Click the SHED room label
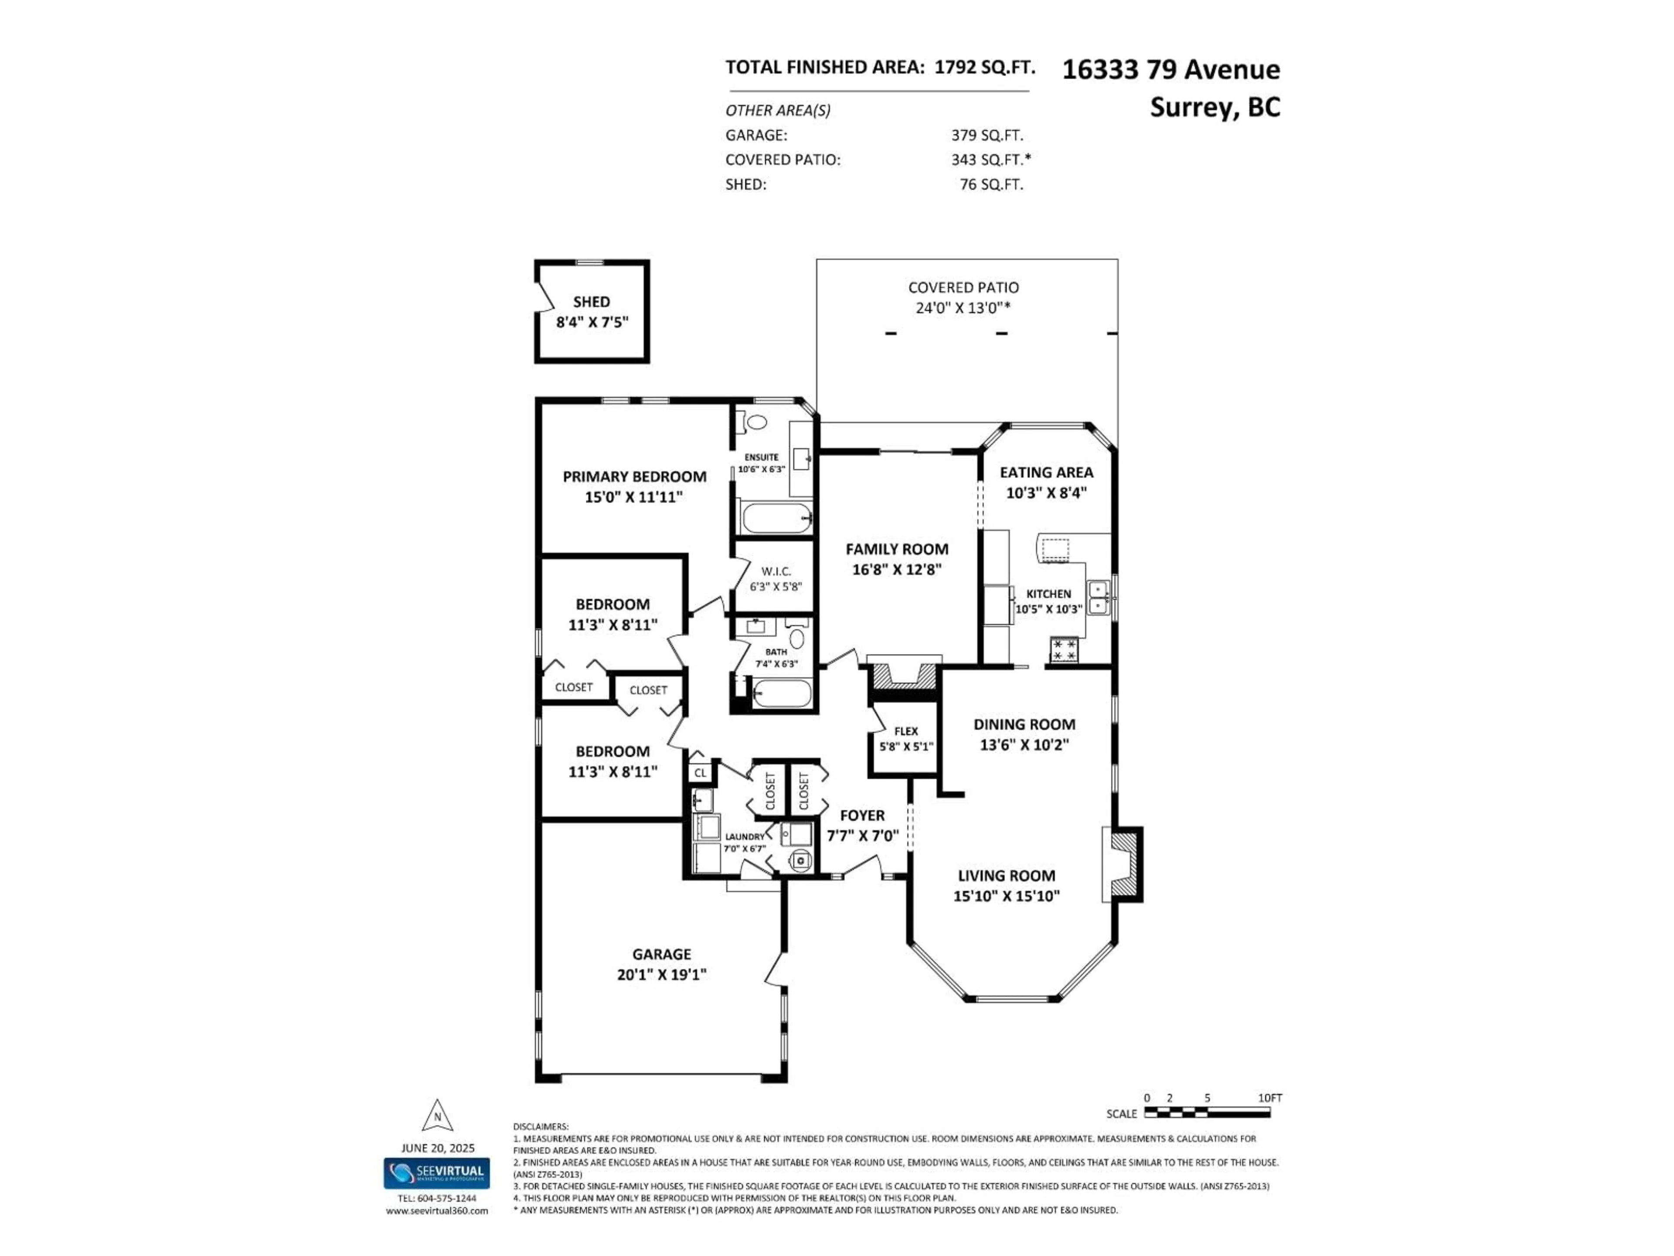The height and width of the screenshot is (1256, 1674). (591, 301)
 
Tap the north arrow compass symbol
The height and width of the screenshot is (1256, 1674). (437, 1116)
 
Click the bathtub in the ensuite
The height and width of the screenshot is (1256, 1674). (776, 518)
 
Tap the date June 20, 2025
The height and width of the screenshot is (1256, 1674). (437, 1148)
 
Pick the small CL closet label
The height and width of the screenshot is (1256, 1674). (700, 773)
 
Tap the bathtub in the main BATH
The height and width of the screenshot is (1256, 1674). (782, 693)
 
